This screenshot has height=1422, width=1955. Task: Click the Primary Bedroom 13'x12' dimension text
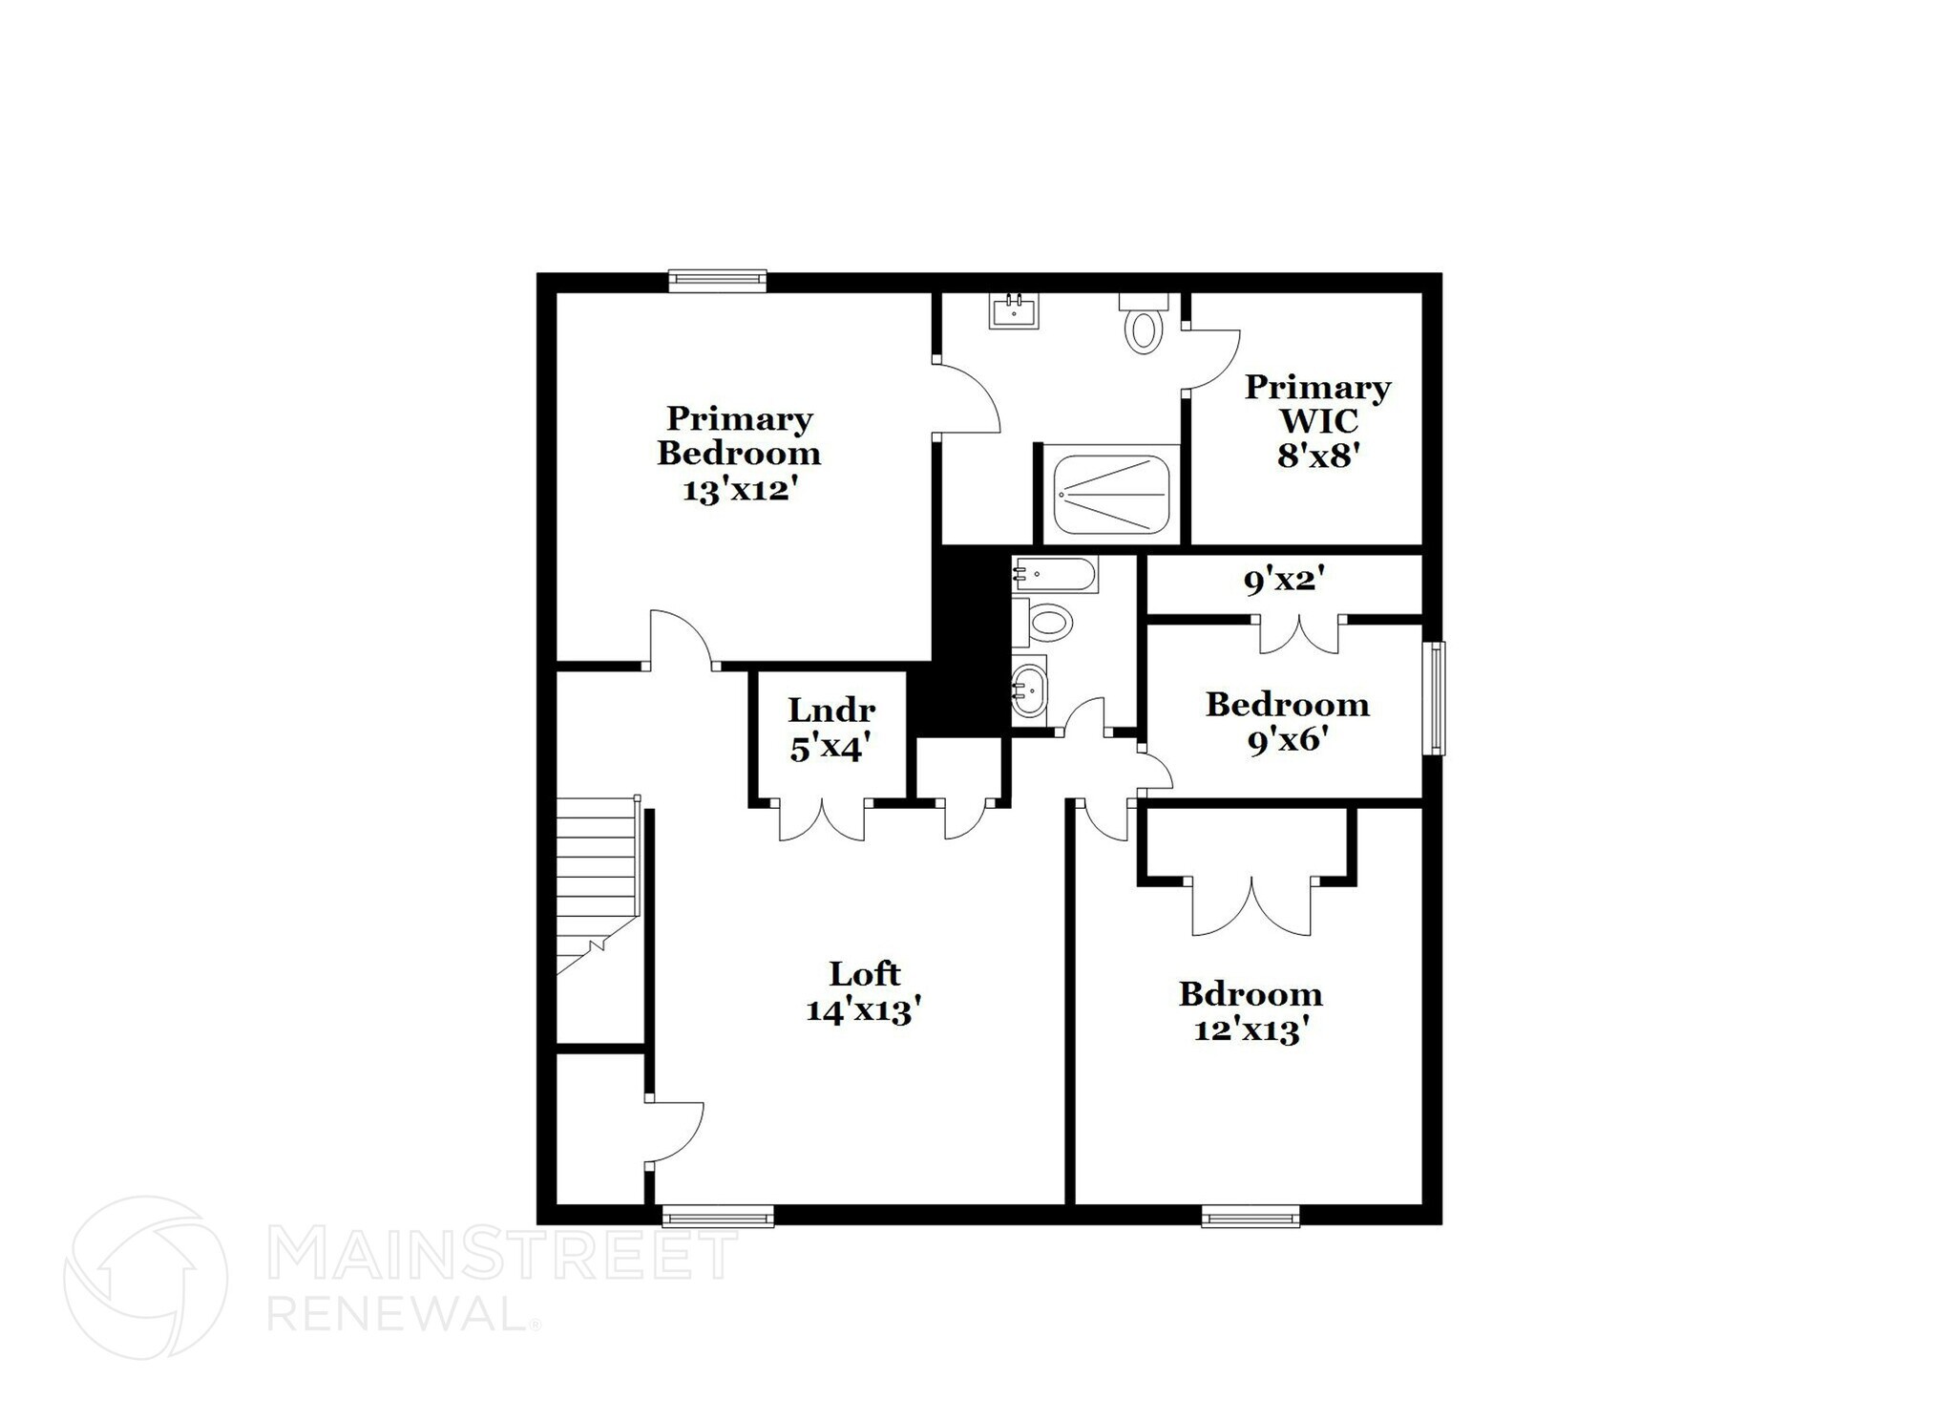tap(739, 491)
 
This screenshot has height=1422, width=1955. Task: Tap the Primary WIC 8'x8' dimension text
tap(1317, 456)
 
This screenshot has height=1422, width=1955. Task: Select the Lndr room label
tap(831, 711)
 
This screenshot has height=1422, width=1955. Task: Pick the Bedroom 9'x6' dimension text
tap(1288, 740)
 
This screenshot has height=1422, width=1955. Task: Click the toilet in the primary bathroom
tap(1144, 326)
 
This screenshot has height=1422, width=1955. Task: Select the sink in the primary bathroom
tap(1013, 311)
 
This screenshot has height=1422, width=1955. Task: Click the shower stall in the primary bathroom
tap(1111, 495)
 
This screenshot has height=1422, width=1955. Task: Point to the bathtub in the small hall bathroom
tap(1055, 574)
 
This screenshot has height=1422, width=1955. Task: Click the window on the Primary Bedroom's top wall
tap(717, 280)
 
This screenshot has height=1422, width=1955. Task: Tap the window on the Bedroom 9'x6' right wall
tap(1434, 698)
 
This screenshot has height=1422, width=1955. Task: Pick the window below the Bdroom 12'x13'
tap(1250, 1217)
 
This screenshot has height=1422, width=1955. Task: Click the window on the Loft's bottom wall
tap(718, 1217)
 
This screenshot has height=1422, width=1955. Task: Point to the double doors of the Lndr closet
tap(822, 819)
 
